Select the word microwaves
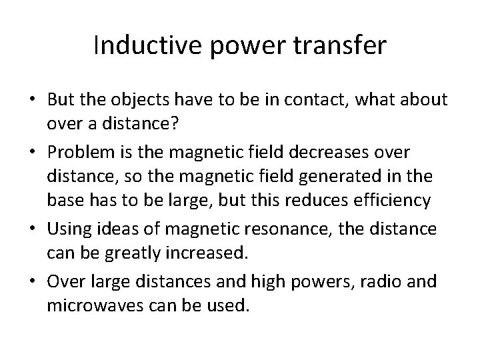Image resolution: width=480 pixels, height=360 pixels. [x=95, y=307]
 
